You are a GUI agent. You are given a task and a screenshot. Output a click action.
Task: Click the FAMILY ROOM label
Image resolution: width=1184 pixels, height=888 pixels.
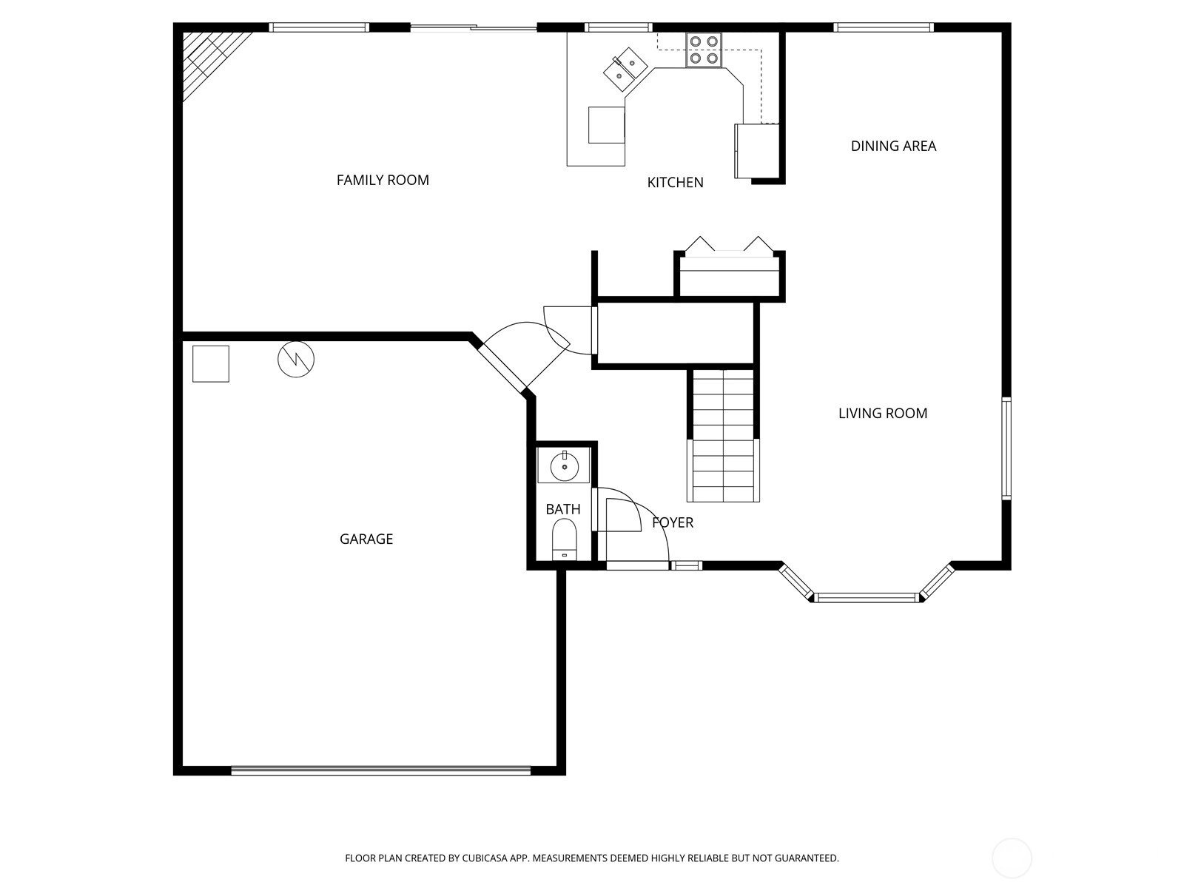tap(383, 180)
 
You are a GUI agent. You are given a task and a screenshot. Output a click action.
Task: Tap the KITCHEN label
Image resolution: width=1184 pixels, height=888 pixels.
tap(675, 183)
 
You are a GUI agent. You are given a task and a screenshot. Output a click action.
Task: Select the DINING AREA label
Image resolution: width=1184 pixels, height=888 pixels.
tap(893, 146)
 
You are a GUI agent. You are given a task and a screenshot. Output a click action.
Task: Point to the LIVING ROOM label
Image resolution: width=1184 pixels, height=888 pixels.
tap(883, 414)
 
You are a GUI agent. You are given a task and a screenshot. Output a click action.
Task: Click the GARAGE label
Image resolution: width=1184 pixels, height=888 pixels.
tap(366, 539)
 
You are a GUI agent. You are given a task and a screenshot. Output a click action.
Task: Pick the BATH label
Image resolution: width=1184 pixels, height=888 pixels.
tap(562, 510)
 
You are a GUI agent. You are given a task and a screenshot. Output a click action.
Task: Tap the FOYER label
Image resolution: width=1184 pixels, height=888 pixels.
tap(672, 522)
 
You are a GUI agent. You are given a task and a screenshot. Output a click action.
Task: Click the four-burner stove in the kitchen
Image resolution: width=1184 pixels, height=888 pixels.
tap(704, 50)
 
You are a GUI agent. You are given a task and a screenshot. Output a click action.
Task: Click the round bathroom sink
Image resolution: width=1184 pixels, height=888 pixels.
tap(564, 467)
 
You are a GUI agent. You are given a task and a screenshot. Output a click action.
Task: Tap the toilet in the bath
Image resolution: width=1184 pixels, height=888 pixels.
tap(564, 539)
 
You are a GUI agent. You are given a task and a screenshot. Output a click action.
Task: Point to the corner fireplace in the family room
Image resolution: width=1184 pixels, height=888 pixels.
tap(210, 59)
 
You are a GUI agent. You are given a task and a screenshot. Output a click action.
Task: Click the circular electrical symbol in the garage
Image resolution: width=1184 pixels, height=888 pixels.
tap(295, 359)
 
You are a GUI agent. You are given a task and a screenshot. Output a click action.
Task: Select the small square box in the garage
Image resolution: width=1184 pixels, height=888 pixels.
tap(210, 364)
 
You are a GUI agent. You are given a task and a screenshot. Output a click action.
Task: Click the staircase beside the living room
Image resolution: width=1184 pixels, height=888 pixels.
tap(723, 436)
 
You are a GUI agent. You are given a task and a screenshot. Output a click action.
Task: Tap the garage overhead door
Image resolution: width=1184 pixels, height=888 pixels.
tap(381, 770)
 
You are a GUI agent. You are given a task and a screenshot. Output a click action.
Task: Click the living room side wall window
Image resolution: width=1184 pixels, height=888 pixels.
tap(1006, 448)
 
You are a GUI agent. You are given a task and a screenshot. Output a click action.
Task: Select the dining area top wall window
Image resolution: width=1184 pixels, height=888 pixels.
tap(883, 27)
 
